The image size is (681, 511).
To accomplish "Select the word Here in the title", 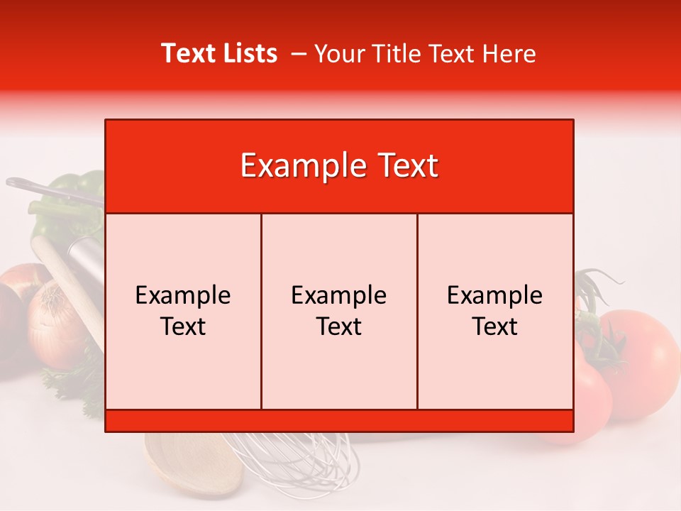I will click(509, 53).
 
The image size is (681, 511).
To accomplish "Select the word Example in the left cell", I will click(183, 295).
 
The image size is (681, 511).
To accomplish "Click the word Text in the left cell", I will click(183, 326).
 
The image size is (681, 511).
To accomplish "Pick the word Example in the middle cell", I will click(339, 295).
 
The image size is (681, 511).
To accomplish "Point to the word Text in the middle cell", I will click(339, 326).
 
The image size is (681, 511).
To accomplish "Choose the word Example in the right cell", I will click(495, 295).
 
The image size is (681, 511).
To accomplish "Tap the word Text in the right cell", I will click(495, 326).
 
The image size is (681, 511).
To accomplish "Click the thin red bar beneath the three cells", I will click(339, 420).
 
